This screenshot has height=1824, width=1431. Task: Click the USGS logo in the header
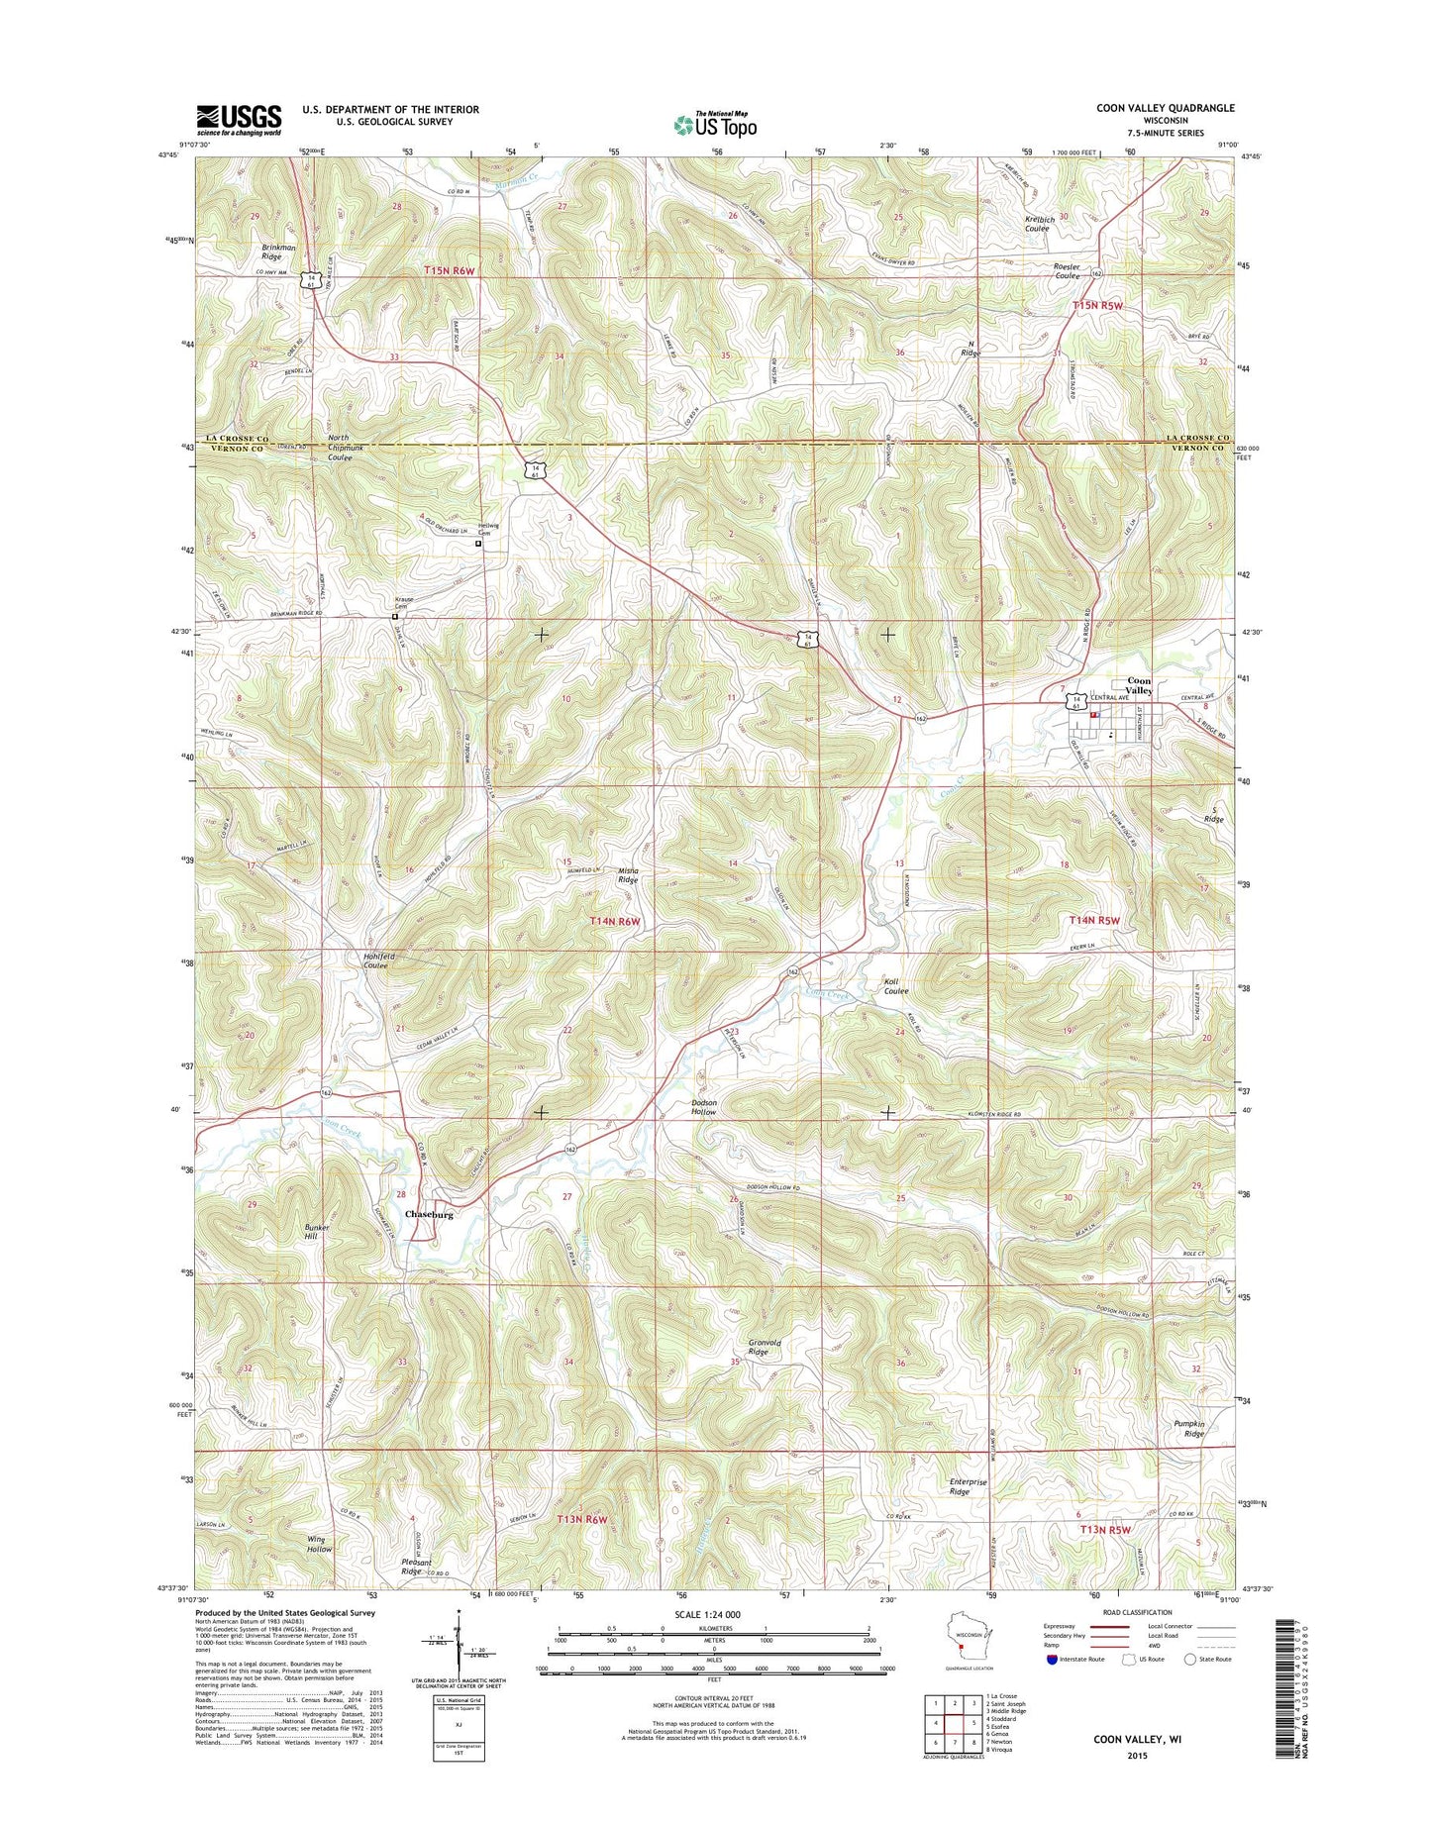point(238,120)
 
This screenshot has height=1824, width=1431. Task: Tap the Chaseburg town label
point(429,1214)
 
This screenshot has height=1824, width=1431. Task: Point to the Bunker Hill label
point(317,1233)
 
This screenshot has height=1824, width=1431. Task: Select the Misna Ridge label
point(629,874)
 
